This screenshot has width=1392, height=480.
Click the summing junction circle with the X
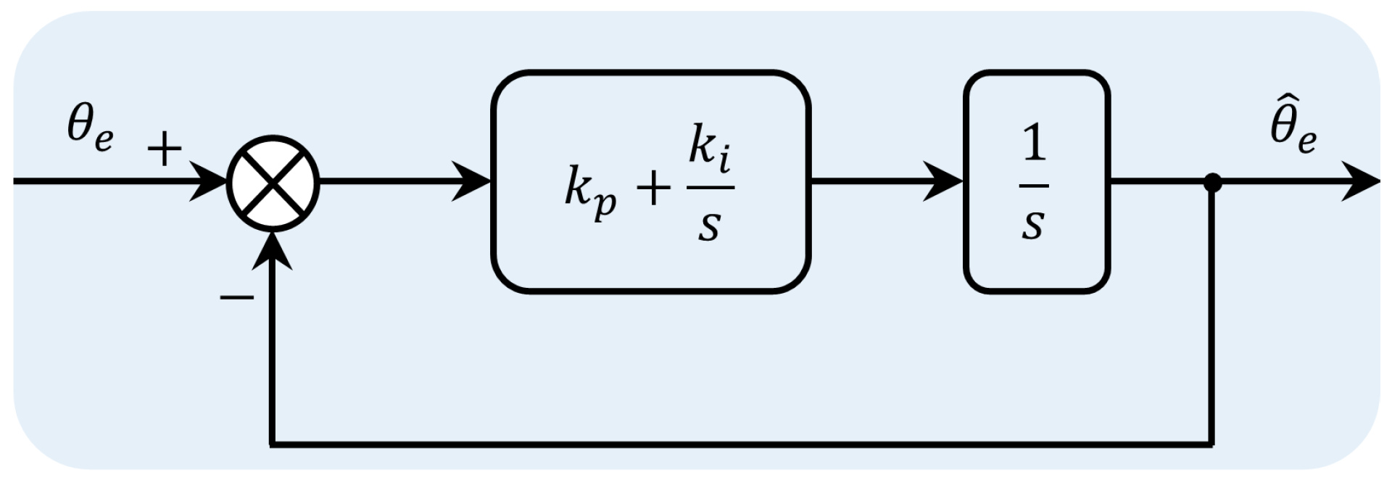click(273, 183)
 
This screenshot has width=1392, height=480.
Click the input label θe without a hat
click(90, 130)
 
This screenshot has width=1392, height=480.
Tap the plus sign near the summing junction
click(165, 150)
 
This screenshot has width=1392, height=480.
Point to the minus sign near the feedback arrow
click(236, 297)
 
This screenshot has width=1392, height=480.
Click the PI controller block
click(650, 182)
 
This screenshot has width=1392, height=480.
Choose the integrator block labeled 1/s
click(1036, 182)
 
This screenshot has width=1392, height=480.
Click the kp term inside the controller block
click(590, 193)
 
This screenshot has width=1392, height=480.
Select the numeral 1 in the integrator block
click(1034, 144)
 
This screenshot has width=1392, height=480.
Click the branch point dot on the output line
click(1212, 182)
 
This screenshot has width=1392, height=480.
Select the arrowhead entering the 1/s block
click(945, 182)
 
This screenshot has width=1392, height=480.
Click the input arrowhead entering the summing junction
click(210, 182)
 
